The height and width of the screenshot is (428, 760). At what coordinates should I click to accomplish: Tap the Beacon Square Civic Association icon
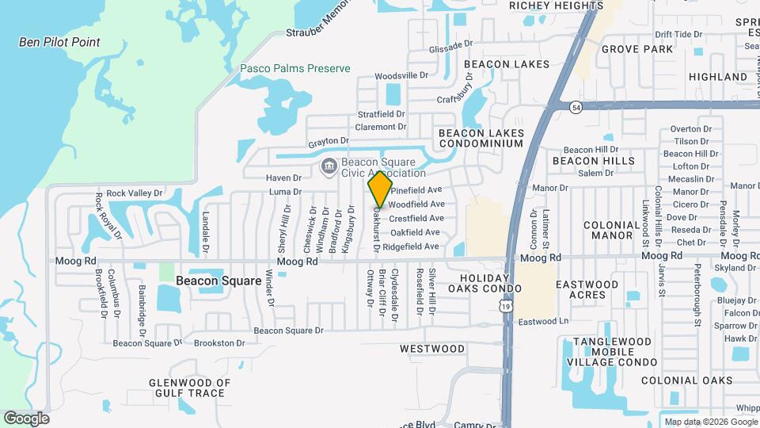coord(329,166)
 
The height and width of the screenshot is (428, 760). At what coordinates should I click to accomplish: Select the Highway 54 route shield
coord(576,106)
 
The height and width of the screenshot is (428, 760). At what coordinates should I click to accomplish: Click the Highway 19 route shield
coord(506,306)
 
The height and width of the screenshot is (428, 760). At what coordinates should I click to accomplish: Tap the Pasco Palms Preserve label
coord(295,69)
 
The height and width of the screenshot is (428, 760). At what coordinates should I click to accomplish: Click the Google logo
coord(26,418)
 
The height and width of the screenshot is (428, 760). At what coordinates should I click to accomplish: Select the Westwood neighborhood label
coord(432,349)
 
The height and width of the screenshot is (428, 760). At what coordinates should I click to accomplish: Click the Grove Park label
coord(636,49)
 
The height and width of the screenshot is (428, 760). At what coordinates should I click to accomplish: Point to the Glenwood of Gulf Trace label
coord(189,388)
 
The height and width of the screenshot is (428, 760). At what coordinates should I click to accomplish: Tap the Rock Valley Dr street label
coord(135,193)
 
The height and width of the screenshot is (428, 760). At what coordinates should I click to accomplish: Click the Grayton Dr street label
coord(329,143)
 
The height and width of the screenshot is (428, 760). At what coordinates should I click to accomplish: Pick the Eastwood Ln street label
coord(544,322)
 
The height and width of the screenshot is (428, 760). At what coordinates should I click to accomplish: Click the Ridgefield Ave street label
coord(411,247)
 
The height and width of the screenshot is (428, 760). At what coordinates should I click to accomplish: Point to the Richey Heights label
coord(545,5)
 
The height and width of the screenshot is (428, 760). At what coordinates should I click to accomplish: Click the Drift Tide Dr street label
coord(679,35)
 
